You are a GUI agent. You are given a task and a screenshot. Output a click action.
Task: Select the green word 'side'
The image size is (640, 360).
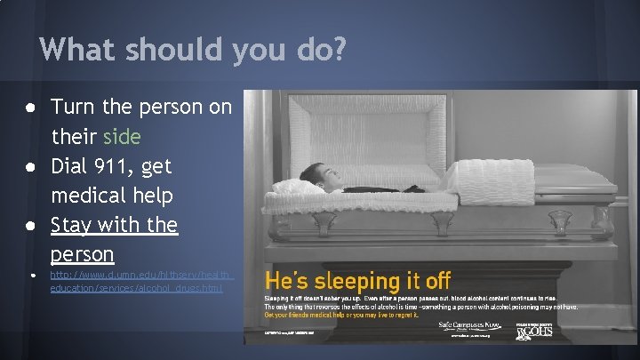(x=122, y=138)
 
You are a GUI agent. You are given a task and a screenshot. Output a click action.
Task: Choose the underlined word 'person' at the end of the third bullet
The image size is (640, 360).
(x=82, y=253)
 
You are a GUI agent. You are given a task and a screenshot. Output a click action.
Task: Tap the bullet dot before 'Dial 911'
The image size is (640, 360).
(x=31, y=167)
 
